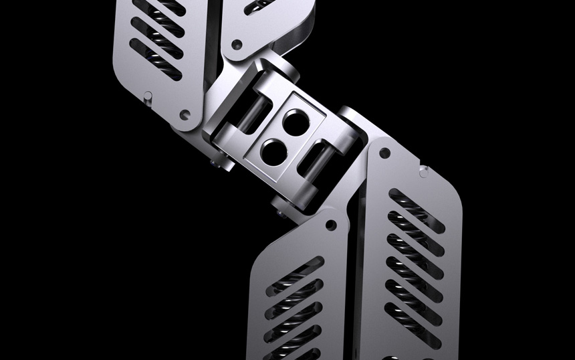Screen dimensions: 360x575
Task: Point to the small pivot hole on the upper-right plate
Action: coord(236,44)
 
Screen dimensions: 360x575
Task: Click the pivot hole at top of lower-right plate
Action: coord(384,153)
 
